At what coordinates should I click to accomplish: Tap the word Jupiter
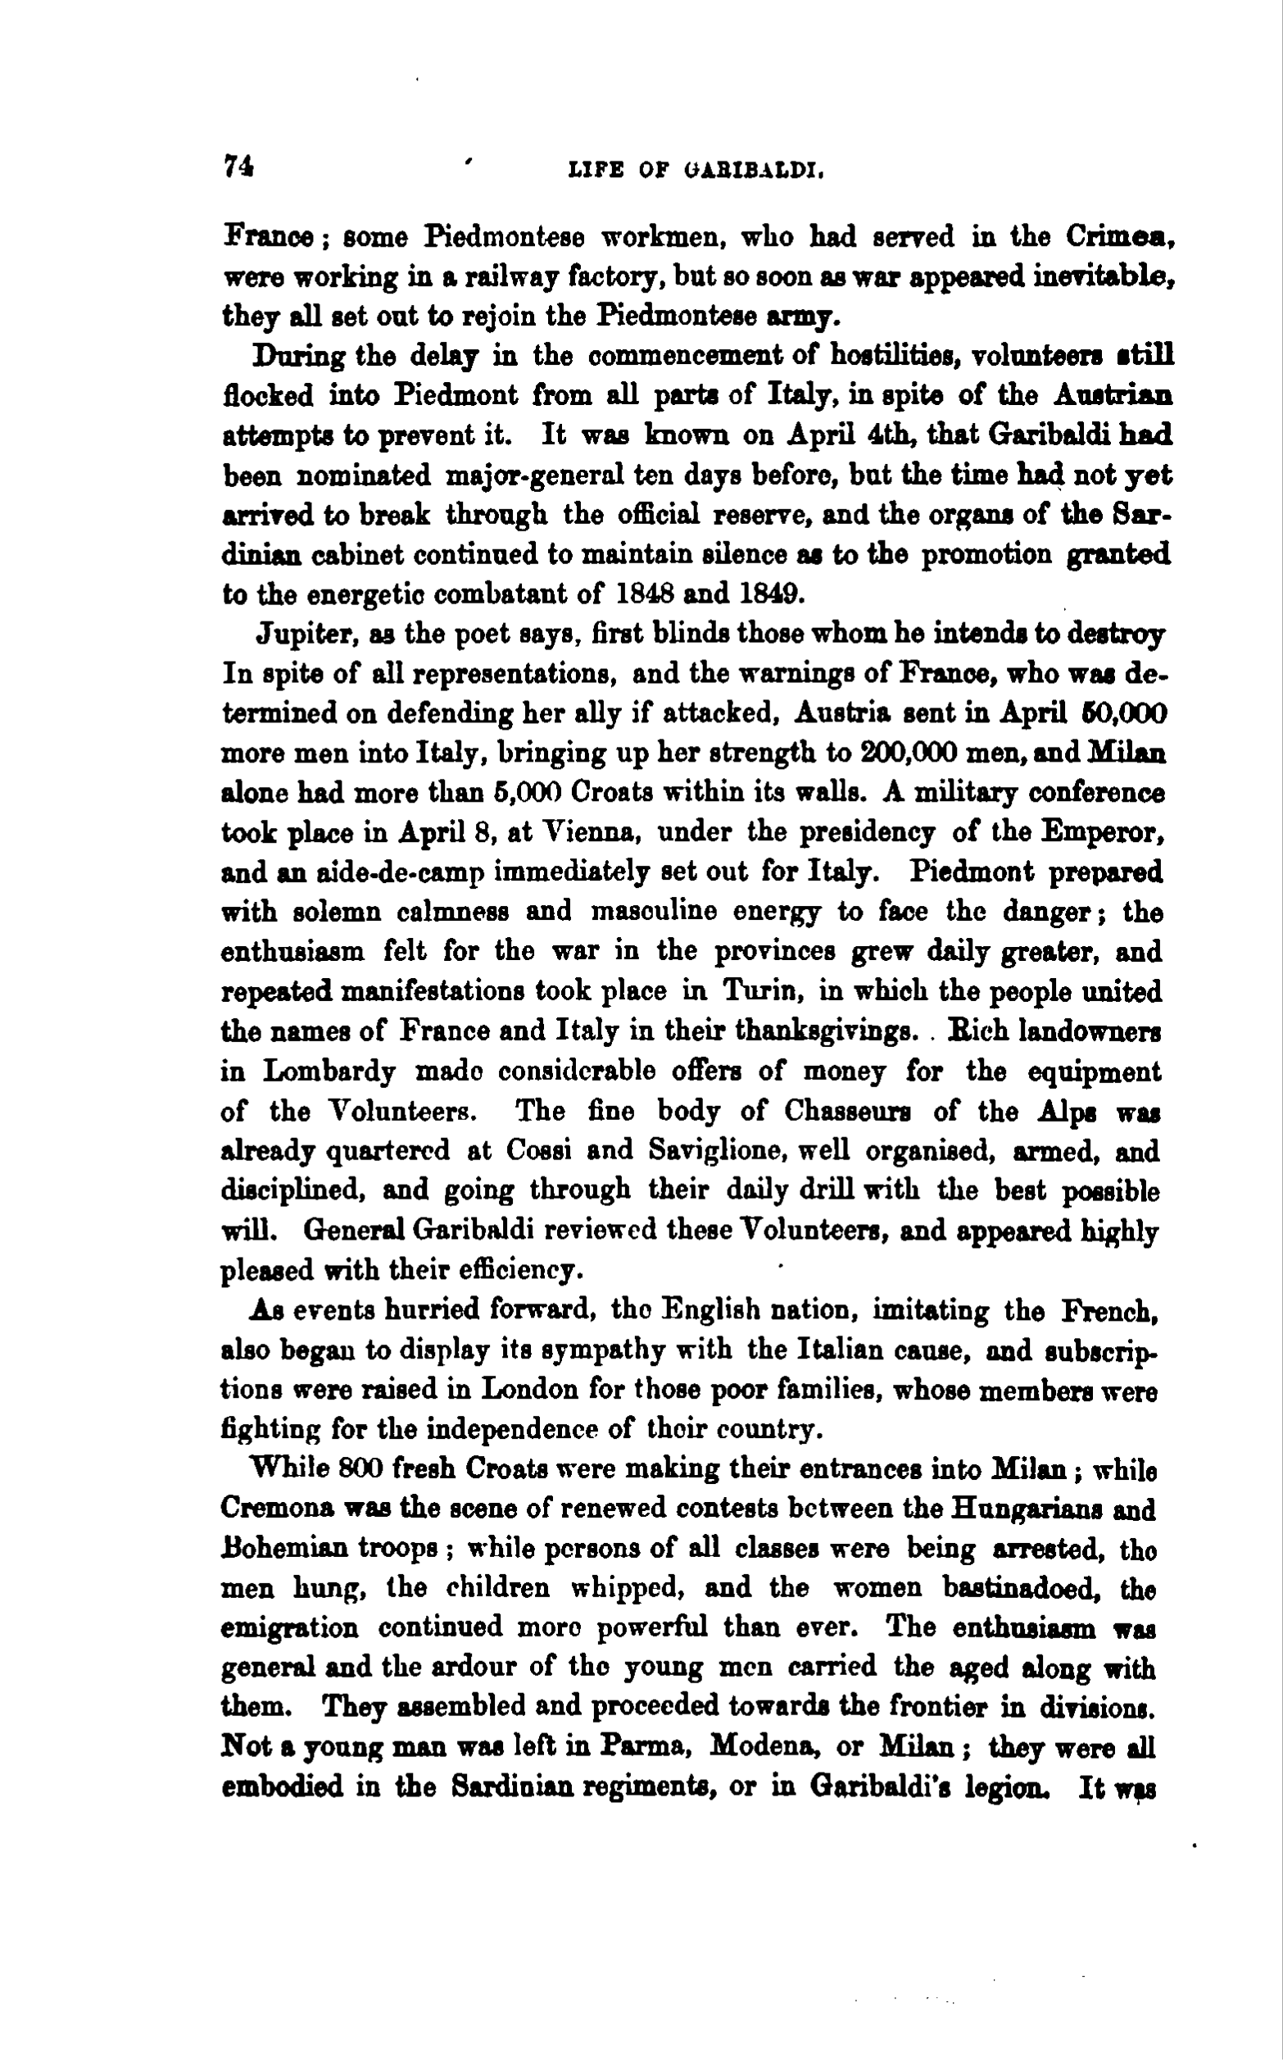[x=306, y=635]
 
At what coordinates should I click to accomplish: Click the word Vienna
[x=578, y=833]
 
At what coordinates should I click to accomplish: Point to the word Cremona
[x=274, y=1509]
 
